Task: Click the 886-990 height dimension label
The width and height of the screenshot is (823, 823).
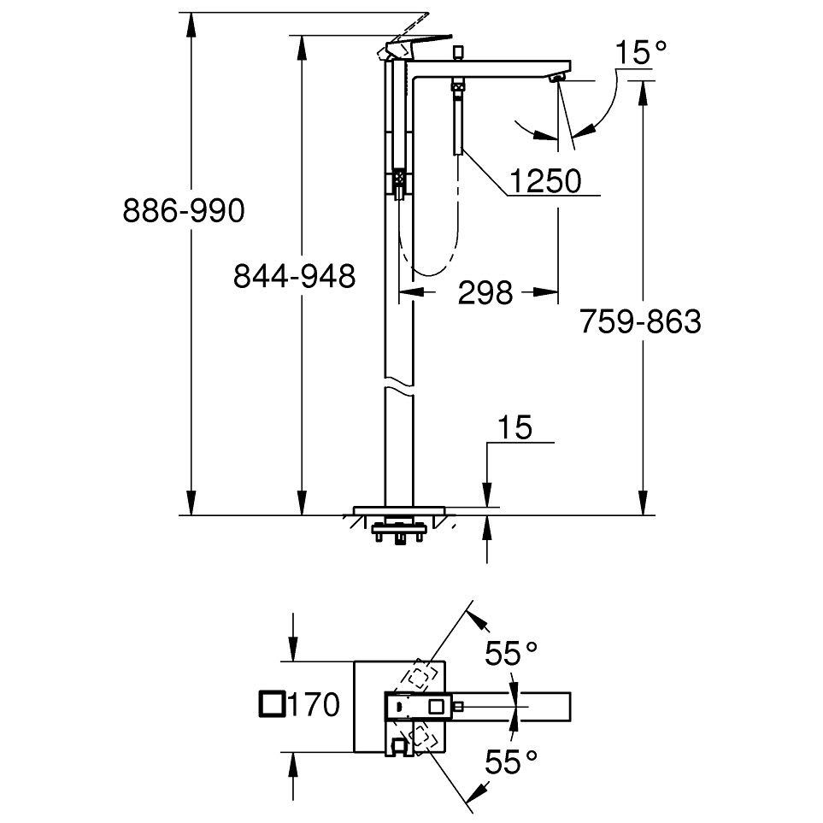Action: (x=184, y=210)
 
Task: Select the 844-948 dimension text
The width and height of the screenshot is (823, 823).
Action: (x=295, y=275)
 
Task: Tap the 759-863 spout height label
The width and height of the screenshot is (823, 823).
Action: (x=640, y=321)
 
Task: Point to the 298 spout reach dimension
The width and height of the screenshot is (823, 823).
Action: (x=485, y=292)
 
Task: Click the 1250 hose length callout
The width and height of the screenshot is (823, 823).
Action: (x=545, y=181)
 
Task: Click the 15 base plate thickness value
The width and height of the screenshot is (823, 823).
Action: (x=514, y=427)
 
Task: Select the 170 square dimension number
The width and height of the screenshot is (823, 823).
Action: (x=314, y=704)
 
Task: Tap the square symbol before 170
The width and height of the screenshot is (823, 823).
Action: (x=273, y=704)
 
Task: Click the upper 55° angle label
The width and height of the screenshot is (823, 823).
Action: (x=511, y=654)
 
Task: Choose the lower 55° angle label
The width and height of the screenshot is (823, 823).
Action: (x=511, y=761)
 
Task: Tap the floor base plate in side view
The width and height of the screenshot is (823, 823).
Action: (x=399, y=511)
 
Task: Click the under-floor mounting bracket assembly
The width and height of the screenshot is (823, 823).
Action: (x=398, y=532)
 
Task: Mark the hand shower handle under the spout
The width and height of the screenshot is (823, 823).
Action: (x=459, y=118)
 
